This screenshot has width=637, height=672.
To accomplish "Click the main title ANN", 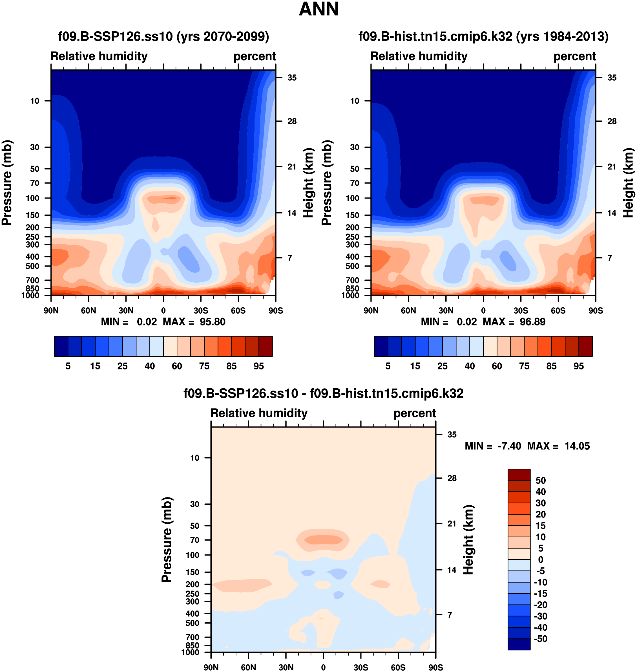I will click(x=319, y=9).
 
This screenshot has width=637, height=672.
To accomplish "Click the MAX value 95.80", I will click(x=212, y=322).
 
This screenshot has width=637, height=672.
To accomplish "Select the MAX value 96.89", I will click(x=532, y=322).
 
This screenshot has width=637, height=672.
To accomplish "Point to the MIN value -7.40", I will click(x=509, y=446).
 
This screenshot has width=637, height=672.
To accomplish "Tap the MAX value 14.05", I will click(x=577, y=446).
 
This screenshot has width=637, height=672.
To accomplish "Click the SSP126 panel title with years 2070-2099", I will click(x=163, y=36).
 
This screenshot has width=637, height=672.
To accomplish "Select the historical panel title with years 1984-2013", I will click(x=483, y=36).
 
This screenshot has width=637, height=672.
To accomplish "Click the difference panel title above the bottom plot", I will click(x=323, y=393).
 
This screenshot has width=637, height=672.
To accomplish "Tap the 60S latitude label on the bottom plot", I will click(x=398, y=667).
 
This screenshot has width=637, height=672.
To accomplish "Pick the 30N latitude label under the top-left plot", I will click(x=126, y=310).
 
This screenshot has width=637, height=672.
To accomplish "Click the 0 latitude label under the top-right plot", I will click(x=483, y=310).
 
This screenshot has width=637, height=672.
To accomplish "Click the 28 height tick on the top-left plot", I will click(x=292, y=121).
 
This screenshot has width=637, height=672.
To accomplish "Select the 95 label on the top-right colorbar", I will click(x=579, y=366).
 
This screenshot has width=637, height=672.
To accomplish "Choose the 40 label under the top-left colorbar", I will click(x=150, y=366).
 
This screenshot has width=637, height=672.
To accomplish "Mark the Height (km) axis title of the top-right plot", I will click(x=629, y=183).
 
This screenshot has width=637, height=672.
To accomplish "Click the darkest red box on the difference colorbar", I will click(x=519, y=474).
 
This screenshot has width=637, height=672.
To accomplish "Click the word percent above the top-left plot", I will click(x=255, y=56).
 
